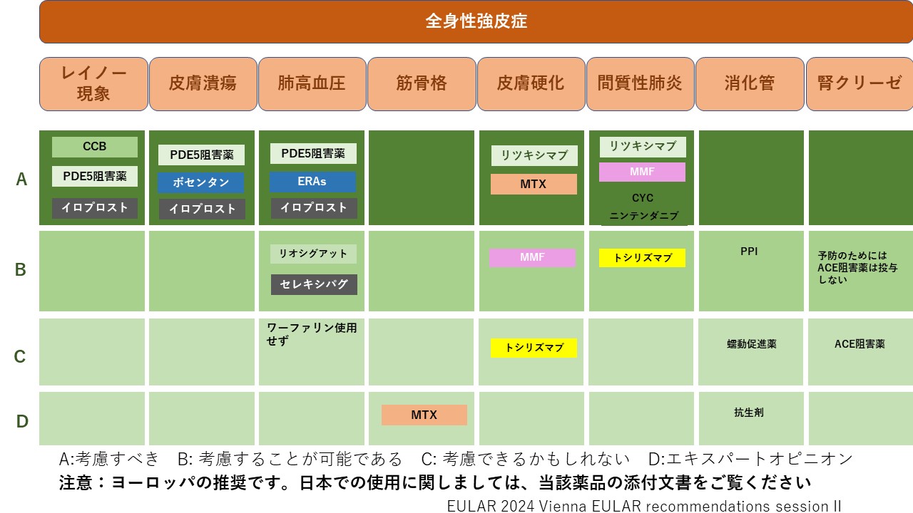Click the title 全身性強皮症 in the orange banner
point(476,21)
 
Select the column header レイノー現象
point(93,84)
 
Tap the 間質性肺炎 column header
point(640,84)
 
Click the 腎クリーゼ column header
point(860,84)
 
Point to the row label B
point(21,269)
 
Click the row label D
point(22,421)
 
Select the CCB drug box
point(95,147)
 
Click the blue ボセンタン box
point(201,182)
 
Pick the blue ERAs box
point(312,182)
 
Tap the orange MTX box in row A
point(534,184)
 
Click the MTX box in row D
point(424,415)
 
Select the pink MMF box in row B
point(532,257)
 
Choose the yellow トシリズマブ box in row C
point(534,348)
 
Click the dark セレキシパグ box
point(315,284)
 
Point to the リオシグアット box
point(313,254)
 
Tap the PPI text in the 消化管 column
point(749,252)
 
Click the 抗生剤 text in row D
point(749,413)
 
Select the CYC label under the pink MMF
point(643,198)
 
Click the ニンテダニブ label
point(644,215)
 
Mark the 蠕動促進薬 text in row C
point(752,344)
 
